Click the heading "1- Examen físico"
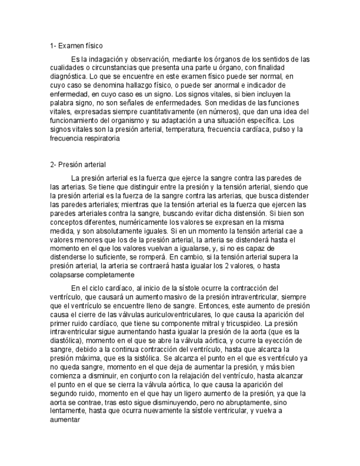pyautogui.click(x=76, y=46)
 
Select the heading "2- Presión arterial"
pyautogui.click(x=77, y=164)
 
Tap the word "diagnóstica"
pyautogui.click(x=67, y=77)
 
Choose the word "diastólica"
pyautogui.click(x=67, y=341)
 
